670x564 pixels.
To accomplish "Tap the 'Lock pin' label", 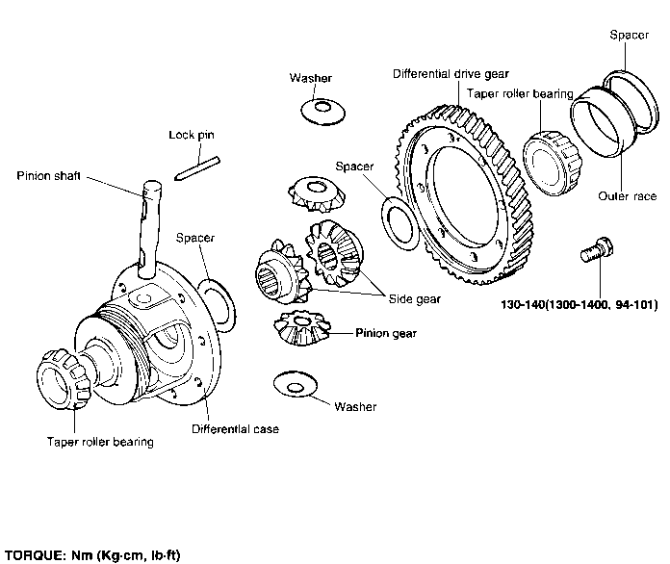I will (x=191, y=136).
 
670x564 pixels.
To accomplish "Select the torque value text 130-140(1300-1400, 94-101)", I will (x=579, y=307).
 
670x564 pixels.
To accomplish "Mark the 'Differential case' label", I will (x=235, y=429).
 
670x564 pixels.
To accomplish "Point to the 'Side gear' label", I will (x=414, y=299).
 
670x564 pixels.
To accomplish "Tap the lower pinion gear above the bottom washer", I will (x=301, y=329).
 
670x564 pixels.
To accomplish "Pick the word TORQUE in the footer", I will (x=32, y=555).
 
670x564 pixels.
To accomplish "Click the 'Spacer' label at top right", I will (x=629, y=35).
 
